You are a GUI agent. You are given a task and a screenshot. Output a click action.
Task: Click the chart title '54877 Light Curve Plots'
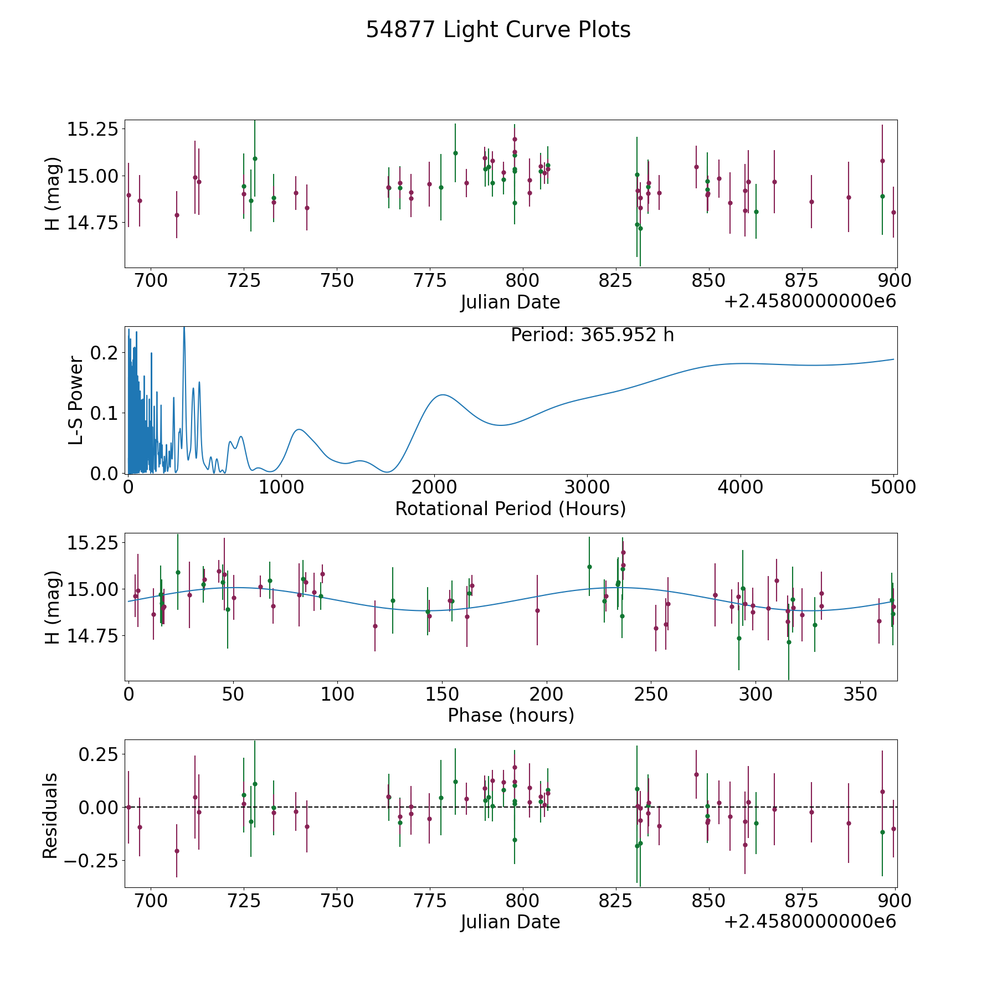click(498, 30)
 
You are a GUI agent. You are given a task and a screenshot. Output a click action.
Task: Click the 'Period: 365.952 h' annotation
click(592, 335)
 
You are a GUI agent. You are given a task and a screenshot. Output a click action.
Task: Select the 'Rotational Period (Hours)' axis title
click(510, 508)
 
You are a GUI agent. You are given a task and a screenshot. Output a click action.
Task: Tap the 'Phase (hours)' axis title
click(511, 715)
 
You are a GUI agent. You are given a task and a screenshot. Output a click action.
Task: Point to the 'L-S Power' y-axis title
click(76, 400)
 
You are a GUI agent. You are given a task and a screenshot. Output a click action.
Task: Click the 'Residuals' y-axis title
click(50, 815)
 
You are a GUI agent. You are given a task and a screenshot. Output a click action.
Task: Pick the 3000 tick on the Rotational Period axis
click(587, 487)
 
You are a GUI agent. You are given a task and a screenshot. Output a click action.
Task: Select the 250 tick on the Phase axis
click(651, 694)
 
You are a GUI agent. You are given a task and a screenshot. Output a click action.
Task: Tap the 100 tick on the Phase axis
click(337, 694)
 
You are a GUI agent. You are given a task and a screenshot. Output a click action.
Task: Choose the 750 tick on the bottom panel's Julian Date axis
click(337, 901)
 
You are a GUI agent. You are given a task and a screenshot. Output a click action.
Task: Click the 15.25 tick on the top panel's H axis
click(92, 130)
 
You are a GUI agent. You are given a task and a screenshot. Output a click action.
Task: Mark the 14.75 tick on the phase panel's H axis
click(92, 636)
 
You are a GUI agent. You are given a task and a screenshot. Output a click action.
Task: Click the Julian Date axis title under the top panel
click(510, 302)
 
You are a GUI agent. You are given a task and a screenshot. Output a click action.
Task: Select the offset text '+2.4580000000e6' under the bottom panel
click(810, 922)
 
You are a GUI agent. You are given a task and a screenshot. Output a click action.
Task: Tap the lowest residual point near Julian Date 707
click(177, 851)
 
